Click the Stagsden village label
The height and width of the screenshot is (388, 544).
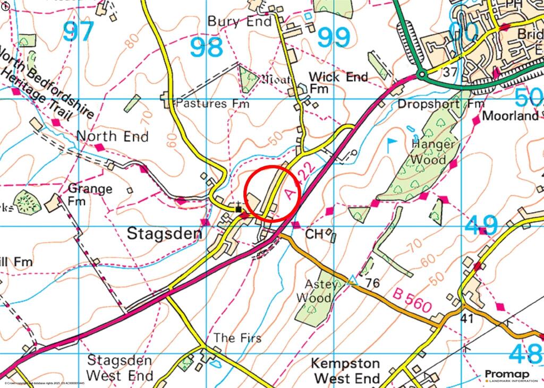tap(165, 234)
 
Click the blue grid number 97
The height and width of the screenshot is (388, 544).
tap(79, 32)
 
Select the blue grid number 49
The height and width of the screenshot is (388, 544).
tap(481, 225)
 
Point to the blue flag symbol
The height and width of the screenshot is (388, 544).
tap(392, 144)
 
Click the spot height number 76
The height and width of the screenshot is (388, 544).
tap(372, 283)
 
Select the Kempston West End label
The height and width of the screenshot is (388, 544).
tap(345, 371)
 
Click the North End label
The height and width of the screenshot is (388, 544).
tap(112, 136)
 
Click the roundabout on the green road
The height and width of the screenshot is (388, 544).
tap(422, 75)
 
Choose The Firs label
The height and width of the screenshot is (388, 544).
tap(237, 338)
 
